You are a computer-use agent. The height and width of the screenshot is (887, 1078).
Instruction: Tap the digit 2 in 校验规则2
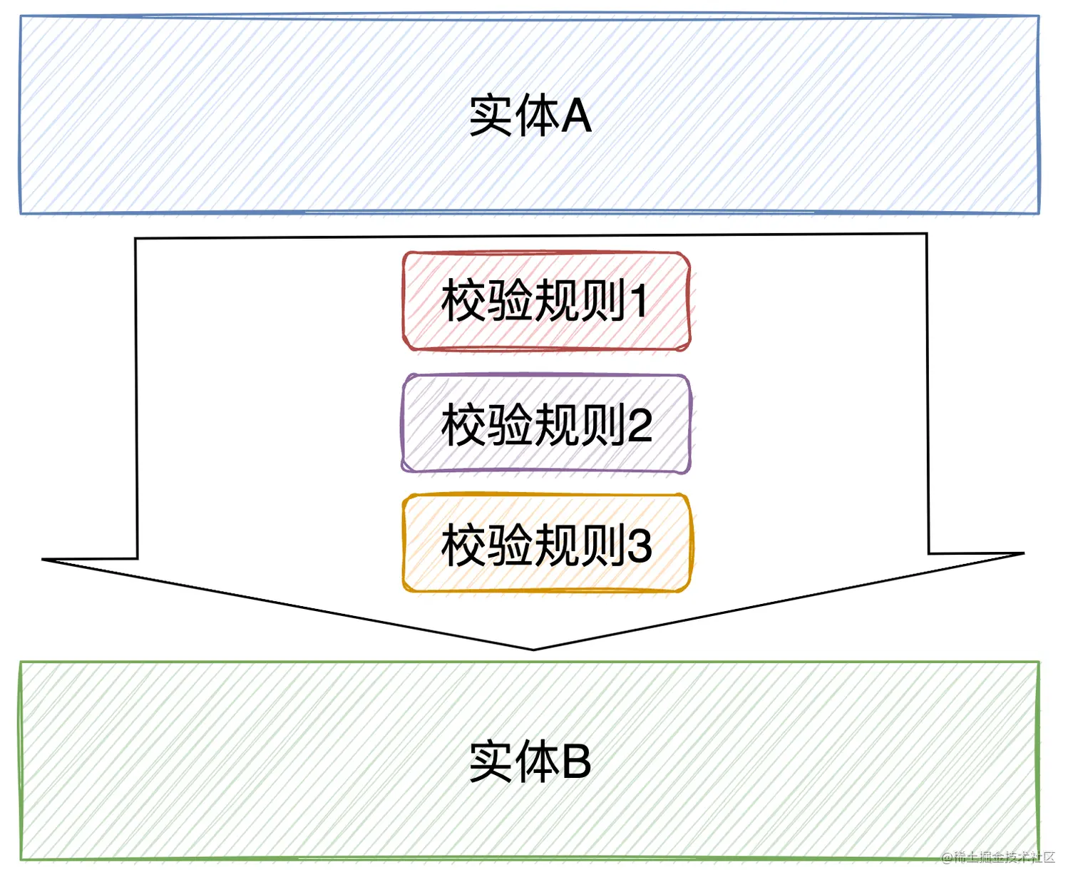[640, 425]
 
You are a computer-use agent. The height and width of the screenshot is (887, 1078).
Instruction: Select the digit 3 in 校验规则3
[640, 545]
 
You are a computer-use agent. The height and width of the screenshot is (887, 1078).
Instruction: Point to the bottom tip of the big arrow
[533, 649]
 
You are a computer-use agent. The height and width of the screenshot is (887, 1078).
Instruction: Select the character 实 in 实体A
[491, 116]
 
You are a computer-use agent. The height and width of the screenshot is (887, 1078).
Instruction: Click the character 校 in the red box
[464, 301]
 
